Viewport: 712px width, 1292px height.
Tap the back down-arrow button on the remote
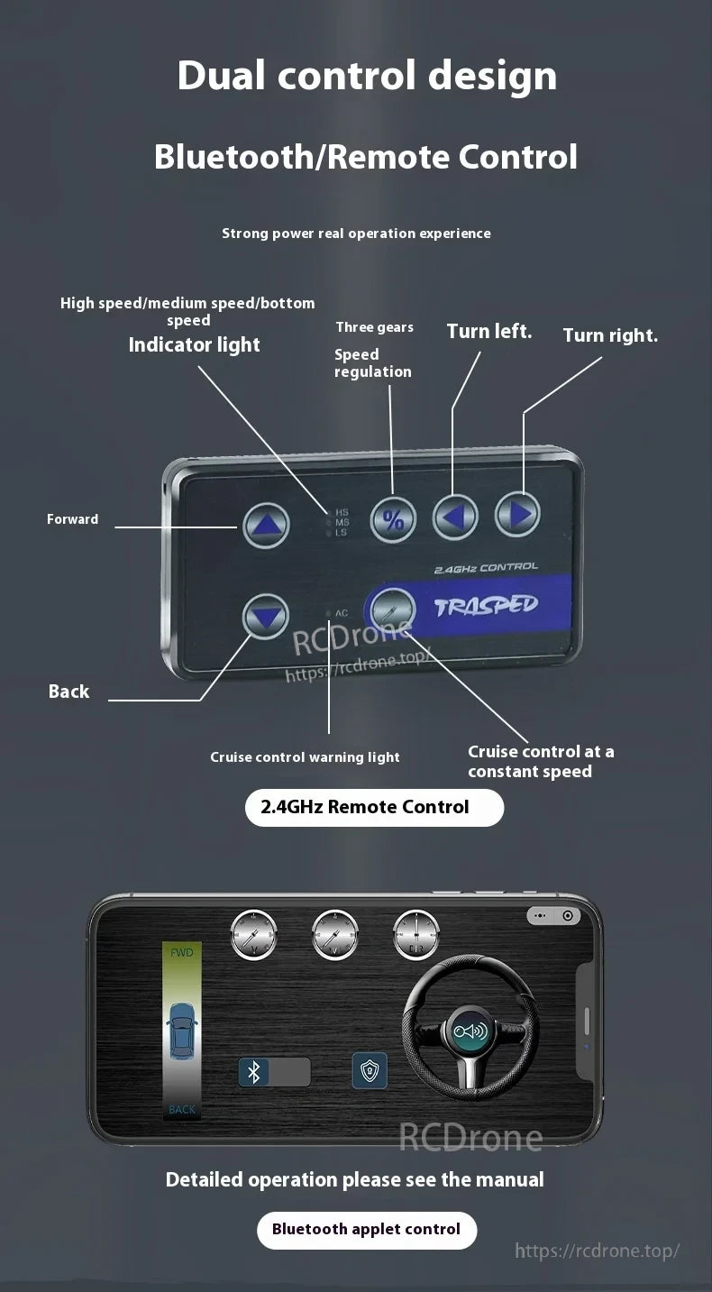click(x=266, y=618)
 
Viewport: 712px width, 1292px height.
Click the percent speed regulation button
click(x=394, y=519)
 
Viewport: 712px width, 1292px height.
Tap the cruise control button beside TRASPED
click(x=393, y=610)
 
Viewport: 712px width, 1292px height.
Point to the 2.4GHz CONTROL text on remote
click(x=486, y=568)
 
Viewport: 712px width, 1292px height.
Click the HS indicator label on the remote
click(x=342, y=512)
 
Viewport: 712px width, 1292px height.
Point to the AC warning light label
click(x=341, y=613)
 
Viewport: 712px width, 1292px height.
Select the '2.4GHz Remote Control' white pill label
click(x=374, y=807)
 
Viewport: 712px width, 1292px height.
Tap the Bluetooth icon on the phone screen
click(x=253, y=1072)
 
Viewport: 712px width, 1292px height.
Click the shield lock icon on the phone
click(x=370, y=1070)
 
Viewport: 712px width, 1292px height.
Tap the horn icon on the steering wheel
click(x=470, y=1031)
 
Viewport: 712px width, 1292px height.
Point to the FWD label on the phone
click(x=181, y=952)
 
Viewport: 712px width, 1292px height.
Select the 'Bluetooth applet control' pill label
click(x=366, y=1230)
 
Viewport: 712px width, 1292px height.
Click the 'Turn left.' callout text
click(x=489, y=332)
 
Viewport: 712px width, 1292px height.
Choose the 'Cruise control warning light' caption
click(x=305, y=757)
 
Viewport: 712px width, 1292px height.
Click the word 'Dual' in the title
click(x=221, y=76)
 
